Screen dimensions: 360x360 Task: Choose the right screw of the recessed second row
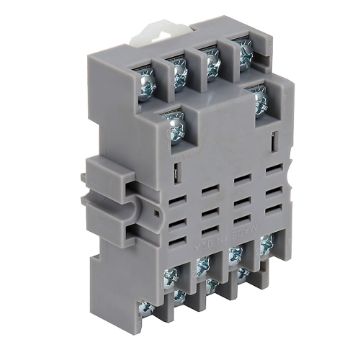tap(259, 101)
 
